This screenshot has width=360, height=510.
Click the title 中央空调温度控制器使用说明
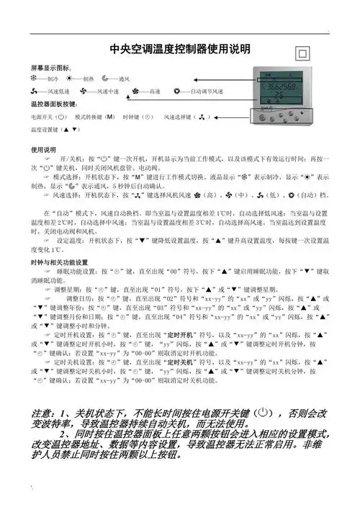click(179, 49)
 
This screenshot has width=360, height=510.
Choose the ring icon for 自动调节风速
click(178, 91)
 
